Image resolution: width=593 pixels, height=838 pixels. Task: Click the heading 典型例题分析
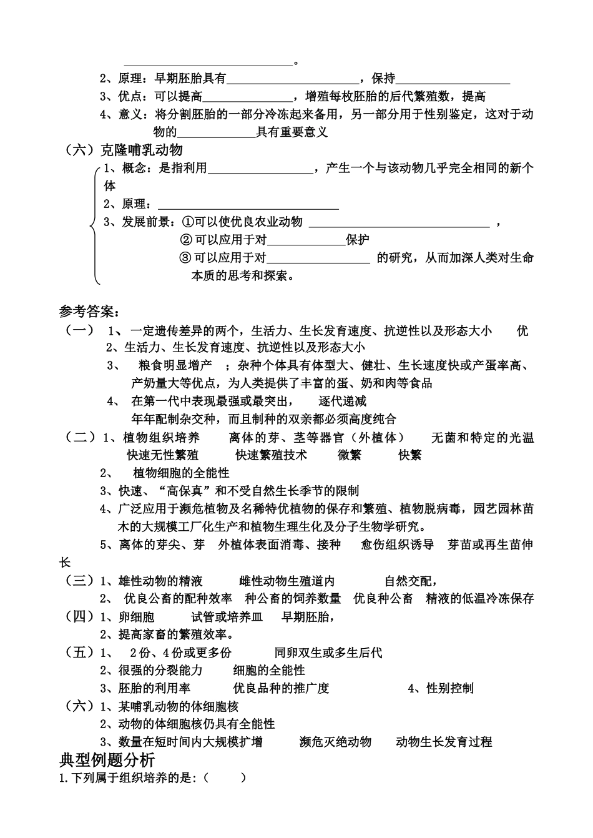(107, 760)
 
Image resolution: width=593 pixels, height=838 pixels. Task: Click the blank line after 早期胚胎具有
(293, 79)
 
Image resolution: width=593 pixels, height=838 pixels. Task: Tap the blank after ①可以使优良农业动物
(399, 223)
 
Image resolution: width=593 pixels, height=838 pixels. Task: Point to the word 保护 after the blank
(358, 240)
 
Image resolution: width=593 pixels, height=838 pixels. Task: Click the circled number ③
(185, 258)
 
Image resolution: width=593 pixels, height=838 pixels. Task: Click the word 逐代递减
(342, 401)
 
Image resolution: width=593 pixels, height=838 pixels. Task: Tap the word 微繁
(350, 455)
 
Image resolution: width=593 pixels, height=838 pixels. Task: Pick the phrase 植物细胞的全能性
(182, 473)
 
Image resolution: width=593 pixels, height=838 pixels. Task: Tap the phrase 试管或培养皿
(227, 618)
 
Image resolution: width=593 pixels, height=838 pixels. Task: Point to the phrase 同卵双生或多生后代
(328, 653)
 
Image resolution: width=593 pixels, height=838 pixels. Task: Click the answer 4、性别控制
(441, 688)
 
